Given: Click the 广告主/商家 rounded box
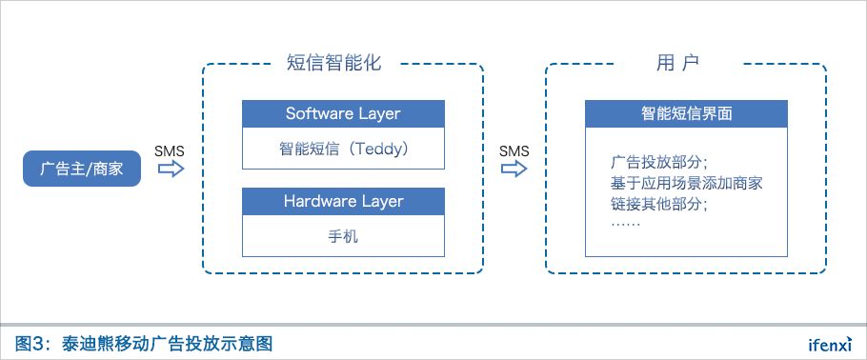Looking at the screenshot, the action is (x=82, y=169).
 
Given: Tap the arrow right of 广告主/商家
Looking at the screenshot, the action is (x=171, y=169).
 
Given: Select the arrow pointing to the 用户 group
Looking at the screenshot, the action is (x=514, y=169).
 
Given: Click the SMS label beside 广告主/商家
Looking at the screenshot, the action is (x=170, y=151).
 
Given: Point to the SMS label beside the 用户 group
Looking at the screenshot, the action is (x=514, y=151).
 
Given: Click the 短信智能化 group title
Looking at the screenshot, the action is (x=334, y=63).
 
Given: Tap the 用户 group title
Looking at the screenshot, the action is (x=678, y=63).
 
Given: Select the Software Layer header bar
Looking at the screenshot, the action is (x=343, y=114).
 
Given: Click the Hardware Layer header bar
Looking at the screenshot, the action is (x=343, y=201).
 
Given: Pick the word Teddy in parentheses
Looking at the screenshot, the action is (x=377, y=149).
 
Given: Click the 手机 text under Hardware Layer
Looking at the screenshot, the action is (x=343, y=236).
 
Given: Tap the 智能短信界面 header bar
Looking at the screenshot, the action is (x=686, y=114).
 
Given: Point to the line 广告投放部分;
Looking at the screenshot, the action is (x=659, y=163).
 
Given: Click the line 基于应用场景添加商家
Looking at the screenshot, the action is (x=687, y=183).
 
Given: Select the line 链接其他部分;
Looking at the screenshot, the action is (x=659, y=203).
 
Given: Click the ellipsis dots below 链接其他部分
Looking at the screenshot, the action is (x=626, y=225).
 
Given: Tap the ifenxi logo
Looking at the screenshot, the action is (x=830, y=344).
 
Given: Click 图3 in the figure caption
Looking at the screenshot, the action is (x=30, y=344).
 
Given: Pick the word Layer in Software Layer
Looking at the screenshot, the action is (x=379, y=114).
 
